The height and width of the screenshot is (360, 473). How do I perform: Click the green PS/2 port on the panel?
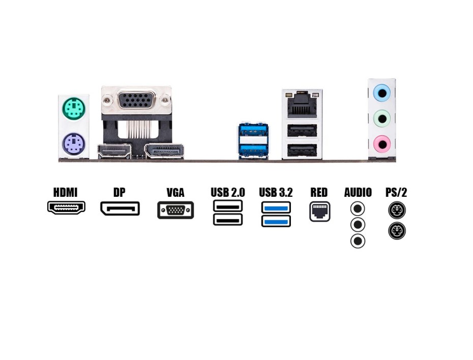point(74,109)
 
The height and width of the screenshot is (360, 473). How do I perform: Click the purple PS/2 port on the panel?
point(73,144)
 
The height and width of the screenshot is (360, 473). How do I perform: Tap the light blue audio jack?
point(381,93)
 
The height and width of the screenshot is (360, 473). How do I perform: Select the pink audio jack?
point(381,143)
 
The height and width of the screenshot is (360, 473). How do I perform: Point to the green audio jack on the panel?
point(381,118)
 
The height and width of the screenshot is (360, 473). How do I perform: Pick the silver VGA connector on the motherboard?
point(136,101)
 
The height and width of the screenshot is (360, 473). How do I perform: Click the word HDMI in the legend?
point(66,193)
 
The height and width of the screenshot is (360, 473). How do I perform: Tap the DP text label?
point(120,193)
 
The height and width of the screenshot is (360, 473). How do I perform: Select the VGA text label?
point(175,193)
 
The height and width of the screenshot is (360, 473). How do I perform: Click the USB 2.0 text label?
point(228,193)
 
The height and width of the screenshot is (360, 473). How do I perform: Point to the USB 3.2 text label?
point(276,193)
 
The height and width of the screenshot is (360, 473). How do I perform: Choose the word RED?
point(319,193)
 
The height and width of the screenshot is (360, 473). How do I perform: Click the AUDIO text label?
point(358,193)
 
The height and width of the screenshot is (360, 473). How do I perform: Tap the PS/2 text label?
point(397,193)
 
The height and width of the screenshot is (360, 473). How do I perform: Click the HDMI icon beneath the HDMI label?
point(66,207)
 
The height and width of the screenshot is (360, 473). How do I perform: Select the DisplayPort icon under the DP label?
point(120,208)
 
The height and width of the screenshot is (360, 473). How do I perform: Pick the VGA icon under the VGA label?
point(175,210)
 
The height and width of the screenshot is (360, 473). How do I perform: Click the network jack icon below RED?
point(320,212)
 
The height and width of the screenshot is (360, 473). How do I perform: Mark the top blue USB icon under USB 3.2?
point(276,207)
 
